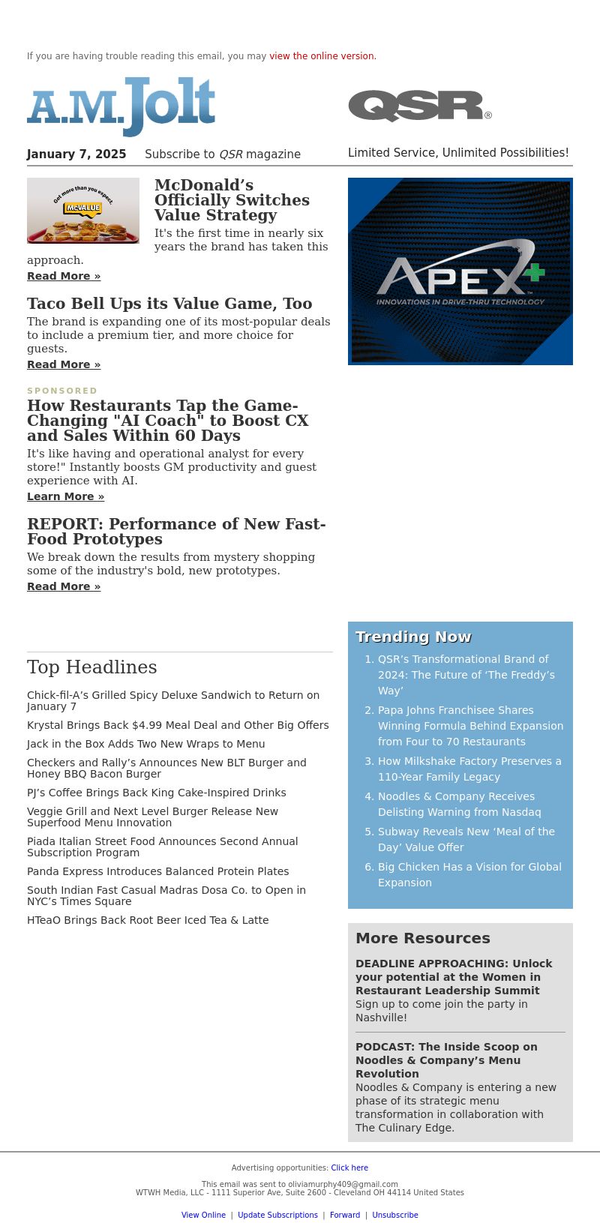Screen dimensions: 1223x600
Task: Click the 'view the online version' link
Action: [322, 56]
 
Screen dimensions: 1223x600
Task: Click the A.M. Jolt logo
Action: [121, 106]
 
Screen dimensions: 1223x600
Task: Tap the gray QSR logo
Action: [419, 106]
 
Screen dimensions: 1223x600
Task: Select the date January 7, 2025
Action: [76, 154]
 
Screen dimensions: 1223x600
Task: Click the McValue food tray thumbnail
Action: [83, 211]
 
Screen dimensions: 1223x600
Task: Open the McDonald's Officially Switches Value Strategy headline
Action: [232, 200]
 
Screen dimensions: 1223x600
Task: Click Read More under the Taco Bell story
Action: [64, 364]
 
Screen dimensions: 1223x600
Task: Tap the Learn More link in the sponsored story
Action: [65, 496]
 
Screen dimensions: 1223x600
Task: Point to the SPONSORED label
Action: [62, 391]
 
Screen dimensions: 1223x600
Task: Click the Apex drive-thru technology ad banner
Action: [460, 271]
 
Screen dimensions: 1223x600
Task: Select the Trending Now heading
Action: [413, 637]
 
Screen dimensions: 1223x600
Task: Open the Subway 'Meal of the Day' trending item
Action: [466, 839]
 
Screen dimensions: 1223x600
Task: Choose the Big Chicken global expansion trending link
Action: [469, 874]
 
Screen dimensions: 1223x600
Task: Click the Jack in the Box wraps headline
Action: [145, 744]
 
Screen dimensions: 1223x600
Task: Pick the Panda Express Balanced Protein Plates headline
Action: [157, 871]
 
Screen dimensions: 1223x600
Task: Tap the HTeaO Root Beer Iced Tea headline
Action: [148, 920]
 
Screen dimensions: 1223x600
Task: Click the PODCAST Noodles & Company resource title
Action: [446, 1060]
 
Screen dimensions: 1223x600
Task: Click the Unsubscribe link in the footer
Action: [395, 1215]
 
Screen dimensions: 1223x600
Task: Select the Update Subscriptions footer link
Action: [277, 1215]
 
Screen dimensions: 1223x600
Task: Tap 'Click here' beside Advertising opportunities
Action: [349, 1168]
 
